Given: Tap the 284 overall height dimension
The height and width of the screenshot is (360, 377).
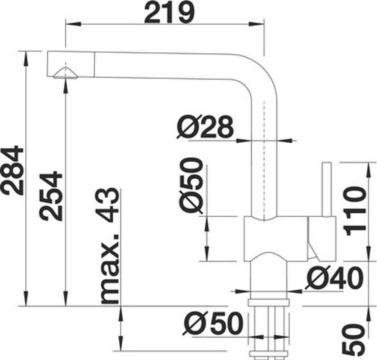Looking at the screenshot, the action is (12, 170).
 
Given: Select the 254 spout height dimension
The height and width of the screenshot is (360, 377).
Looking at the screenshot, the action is (51, 196).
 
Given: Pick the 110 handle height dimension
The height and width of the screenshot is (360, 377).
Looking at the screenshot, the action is (355, 211).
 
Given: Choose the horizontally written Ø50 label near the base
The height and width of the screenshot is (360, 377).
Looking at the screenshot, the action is (212, 323).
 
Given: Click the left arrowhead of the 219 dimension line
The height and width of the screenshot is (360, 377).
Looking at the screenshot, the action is (73, 24).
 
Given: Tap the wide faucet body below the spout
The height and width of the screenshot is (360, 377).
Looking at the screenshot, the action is (276, 239).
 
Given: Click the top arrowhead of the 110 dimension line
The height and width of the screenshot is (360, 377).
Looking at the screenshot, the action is (368, 170).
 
